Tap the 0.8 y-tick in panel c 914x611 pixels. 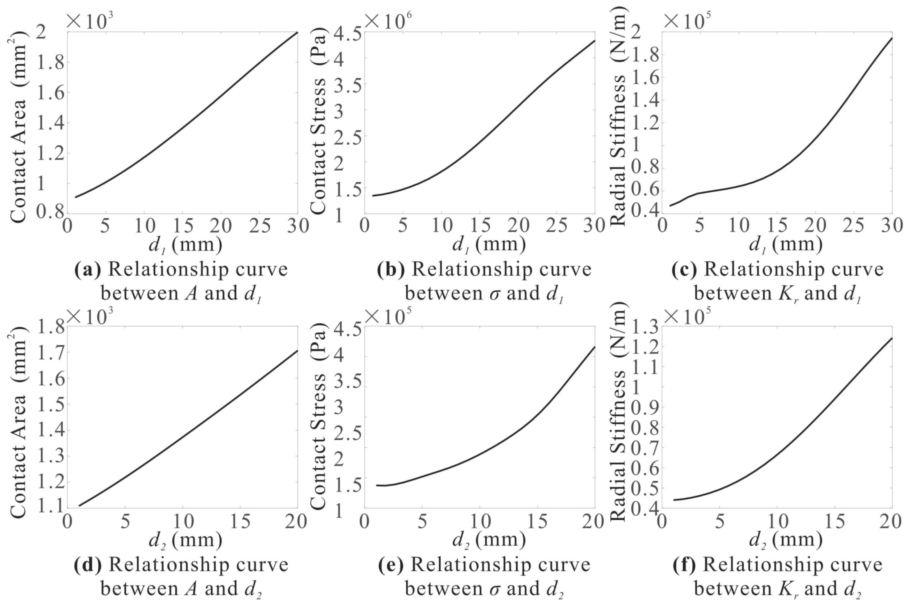point(643,169)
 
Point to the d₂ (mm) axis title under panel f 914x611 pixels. point(785,540)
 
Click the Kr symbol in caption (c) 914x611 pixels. point(784,293)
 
